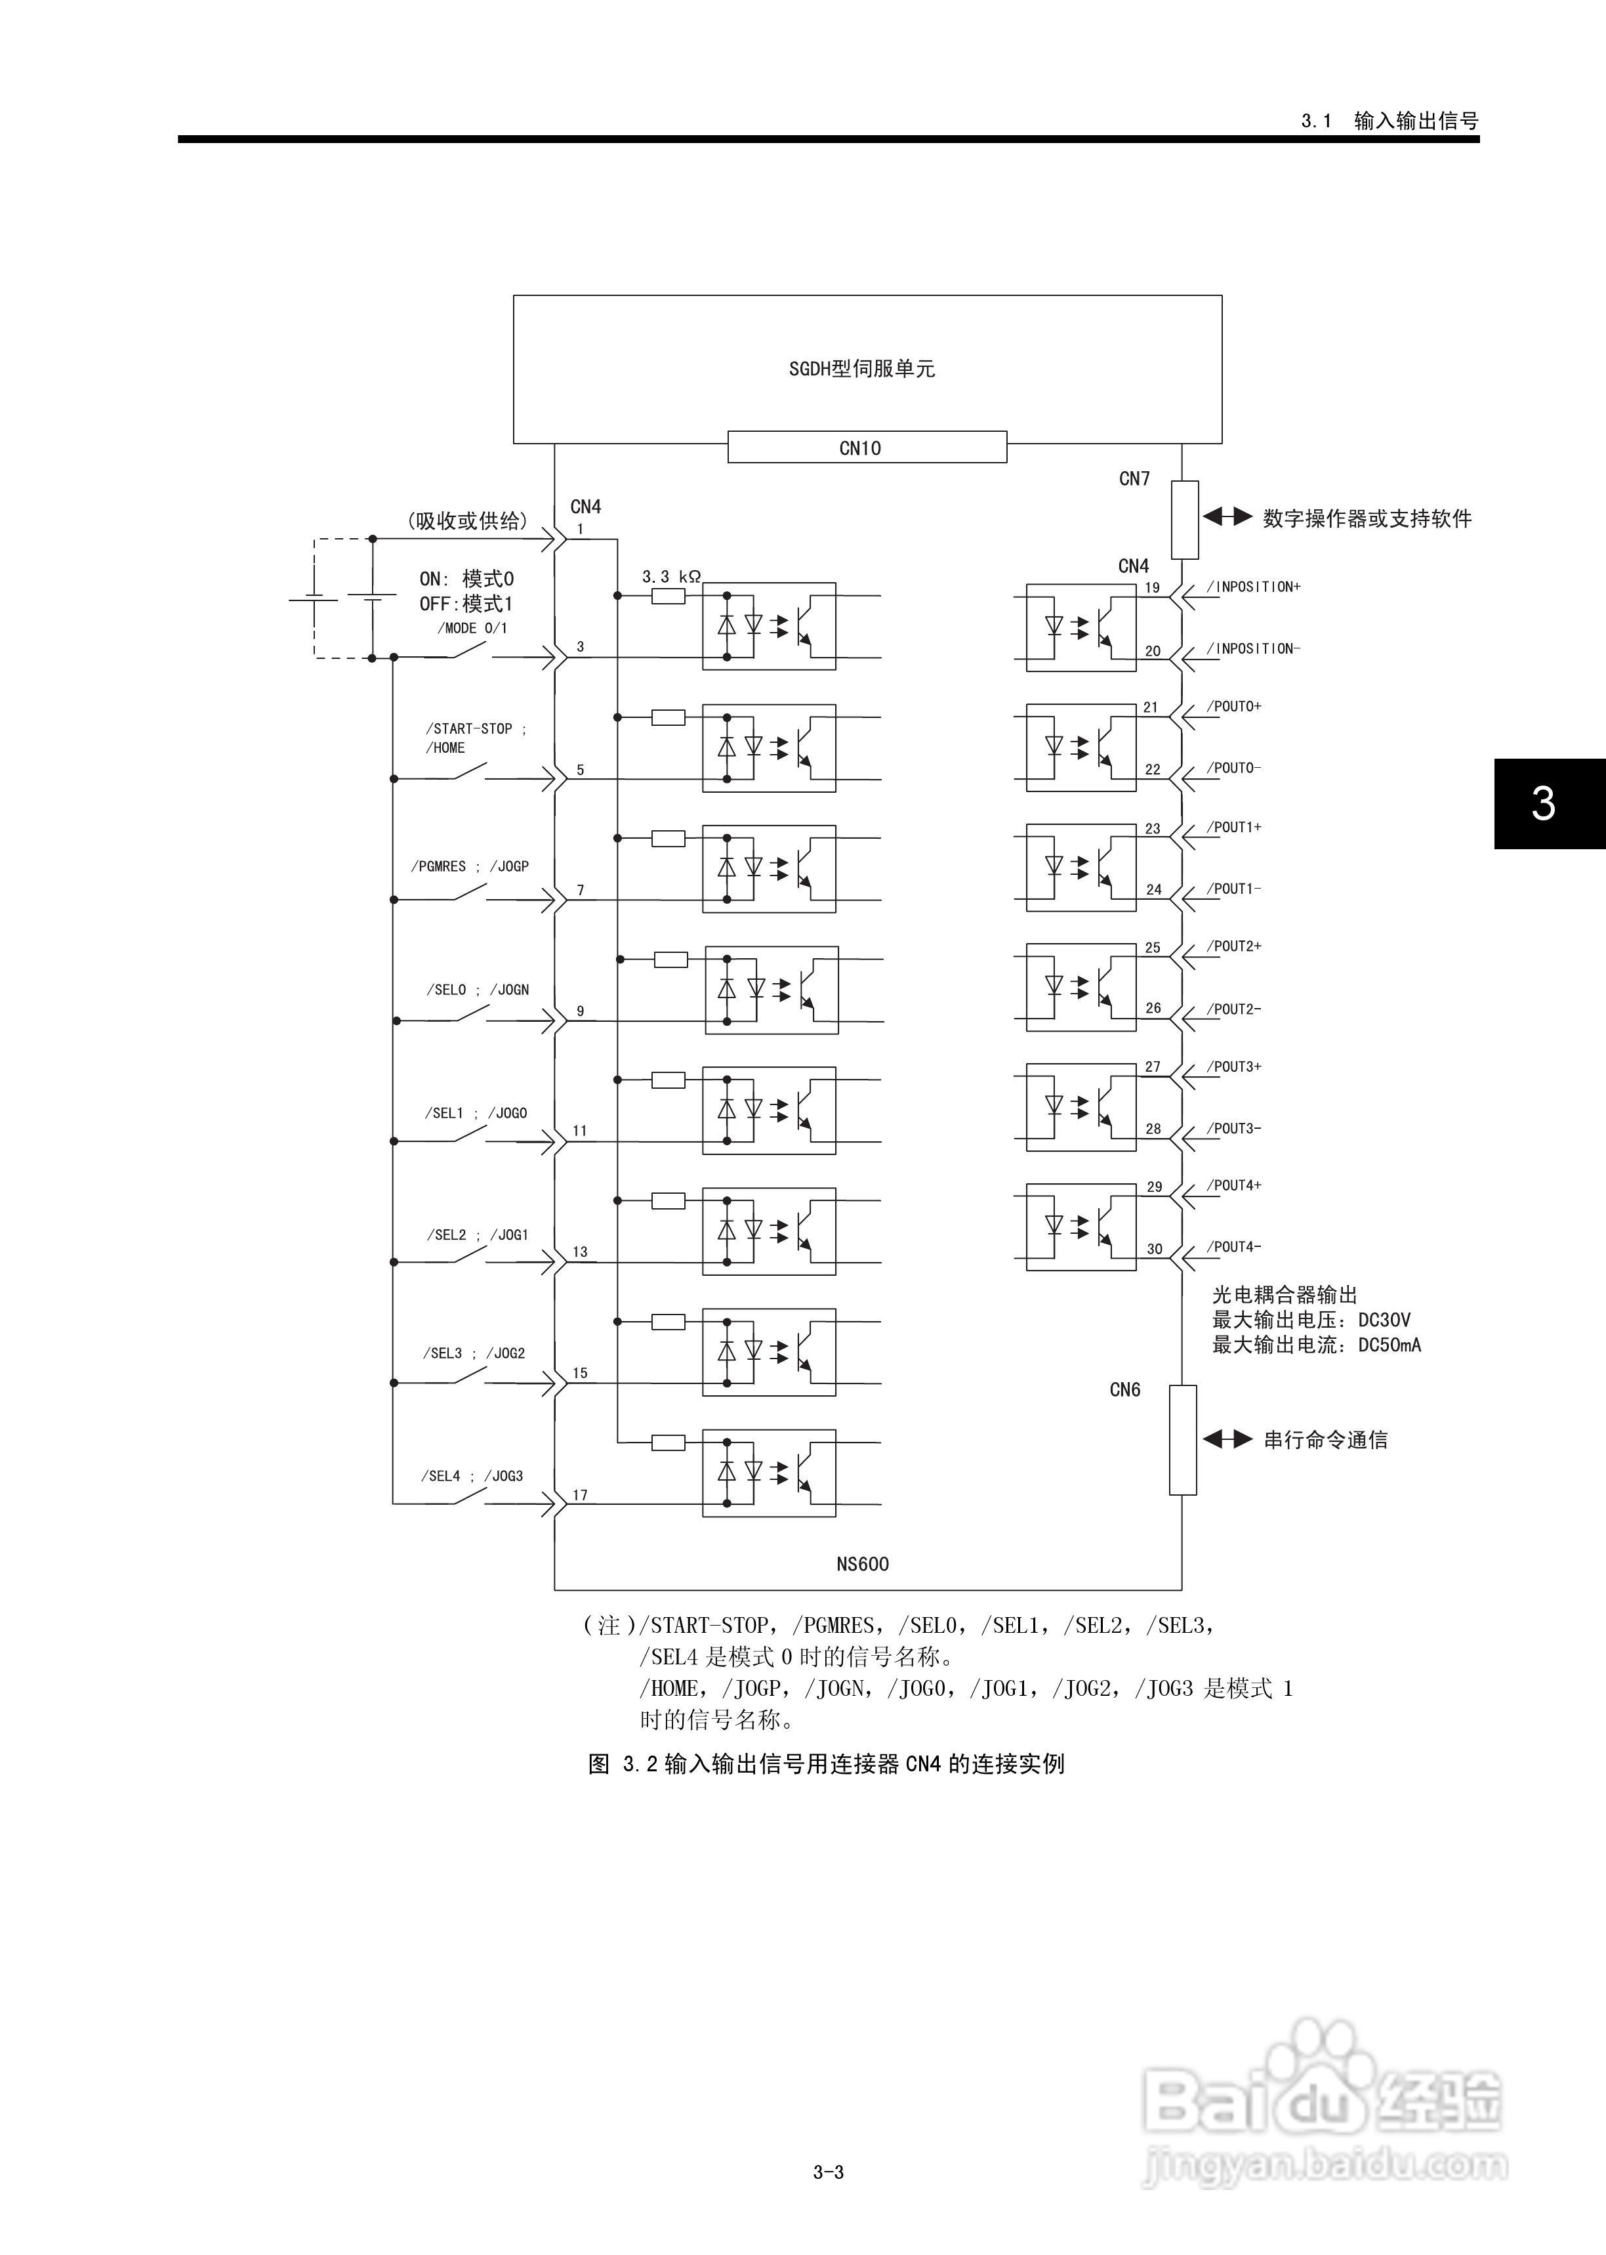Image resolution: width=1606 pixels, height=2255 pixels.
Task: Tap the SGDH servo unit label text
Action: tap(861, 369)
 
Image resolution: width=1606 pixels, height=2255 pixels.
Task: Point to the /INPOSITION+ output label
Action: tap(1253, 587)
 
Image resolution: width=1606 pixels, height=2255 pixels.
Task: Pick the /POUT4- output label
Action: tap(1233, 1247)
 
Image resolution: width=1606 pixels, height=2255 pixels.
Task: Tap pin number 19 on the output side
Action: tap(1152, 587)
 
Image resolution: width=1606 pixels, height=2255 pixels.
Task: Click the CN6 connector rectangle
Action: tap(1183, 1439)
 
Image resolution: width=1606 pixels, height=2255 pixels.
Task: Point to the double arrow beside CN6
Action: tap(1227, 1439)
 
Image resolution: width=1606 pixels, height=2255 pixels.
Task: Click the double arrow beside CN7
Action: tap(1227, 516)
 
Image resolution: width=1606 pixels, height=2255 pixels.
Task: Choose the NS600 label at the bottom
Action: tap(862, 1564)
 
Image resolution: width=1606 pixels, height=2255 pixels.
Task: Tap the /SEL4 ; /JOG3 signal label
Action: tap(472, 1475)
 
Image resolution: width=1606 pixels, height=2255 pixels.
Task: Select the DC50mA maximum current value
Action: tap(1390, 1345)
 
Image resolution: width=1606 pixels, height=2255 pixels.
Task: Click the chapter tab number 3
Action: tap(1543, 803)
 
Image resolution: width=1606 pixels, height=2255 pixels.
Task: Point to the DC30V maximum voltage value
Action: tap(1384, 1320)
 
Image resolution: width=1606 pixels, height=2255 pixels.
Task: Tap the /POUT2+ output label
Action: tap(1233, 946)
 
